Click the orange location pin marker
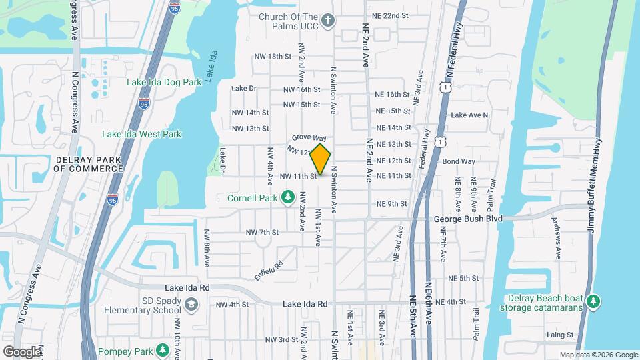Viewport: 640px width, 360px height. pyautogui.click(x=321, y=159)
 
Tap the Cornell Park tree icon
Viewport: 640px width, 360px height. pyautogui.click(x=288, y=197)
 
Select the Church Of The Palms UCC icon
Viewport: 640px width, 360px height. pyautogui.click(x=327, y=20)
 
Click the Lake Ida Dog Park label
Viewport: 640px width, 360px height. pyautogui.click(x=164, y=82)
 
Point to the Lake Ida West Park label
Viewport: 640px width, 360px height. pyautogui.click(x=141, y=134)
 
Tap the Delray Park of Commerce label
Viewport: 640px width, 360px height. pyautogui.click(x=88, y=164)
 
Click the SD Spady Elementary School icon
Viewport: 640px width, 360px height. pyautogui.click(x=192, y=305)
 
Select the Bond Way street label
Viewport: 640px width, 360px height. pyautogui.click(x=458, y=161)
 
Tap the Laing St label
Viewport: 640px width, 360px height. pyautogui.click(x=560, y=335)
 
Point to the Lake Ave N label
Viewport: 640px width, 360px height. pyautogui.click(x=469, y=115)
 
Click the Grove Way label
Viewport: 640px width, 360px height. pyautogui.click(x=308, y=137)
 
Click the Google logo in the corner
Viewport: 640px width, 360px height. pyautogui.click(x=22, y=351)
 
